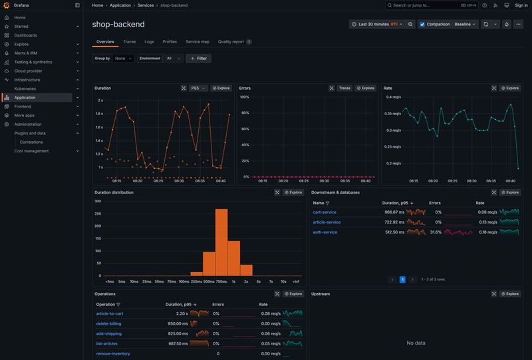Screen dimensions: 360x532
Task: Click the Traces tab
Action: (129, 41)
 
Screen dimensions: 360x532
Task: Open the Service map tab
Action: (197, 41)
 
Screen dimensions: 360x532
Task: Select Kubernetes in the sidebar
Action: (25, 89)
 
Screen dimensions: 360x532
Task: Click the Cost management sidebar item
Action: (31, 150)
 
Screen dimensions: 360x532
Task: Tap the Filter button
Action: (198, 59)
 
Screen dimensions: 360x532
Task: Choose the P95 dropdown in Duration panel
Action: (198, 88)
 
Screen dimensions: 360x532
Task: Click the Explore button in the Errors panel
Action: (366, 88)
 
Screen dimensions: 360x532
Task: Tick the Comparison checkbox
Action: (422, 24)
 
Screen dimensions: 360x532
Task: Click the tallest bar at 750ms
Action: (221, 242)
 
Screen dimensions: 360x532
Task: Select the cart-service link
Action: (325, 212)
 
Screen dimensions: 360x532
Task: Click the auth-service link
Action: (325, 232)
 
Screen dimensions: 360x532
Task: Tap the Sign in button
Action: (518, 5)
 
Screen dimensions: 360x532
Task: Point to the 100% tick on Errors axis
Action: (244, 96)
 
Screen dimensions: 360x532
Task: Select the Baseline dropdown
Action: (465, 24)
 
